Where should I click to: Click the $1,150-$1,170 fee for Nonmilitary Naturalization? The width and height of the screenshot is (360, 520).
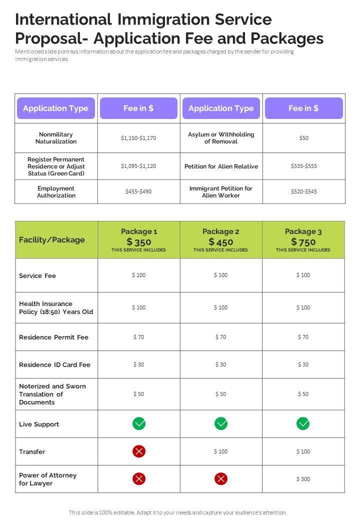pyautogui.click(x=138, y=138)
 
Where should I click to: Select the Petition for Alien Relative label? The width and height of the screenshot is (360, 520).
pyautogui.click(x=221, y=166)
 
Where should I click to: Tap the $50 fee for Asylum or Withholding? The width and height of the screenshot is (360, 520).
pyautogui.click(x=304, y=138)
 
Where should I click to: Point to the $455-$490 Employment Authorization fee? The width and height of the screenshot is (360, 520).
pyautogui.click(x=138, y=191)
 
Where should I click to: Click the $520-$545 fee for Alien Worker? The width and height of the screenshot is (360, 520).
pyautogui.click(x=304, y=191)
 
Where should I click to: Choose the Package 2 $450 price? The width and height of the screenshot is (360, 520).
pyautogui.click(x=220, y=242)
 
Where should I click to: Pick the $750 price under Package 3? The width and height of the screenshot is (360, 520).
pyautogui.click(x=303, y=242)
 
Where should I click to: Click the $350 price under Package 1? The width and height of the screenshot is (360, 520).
pyautogui.click(x=139, y=242)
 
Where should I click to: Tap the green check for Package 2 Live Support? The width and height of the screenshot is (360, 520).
pyautogui.click(x=221, y=423)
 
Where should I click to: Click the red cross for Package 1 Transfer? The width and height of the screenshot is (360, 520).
pyautogui.click(x=139, y=451)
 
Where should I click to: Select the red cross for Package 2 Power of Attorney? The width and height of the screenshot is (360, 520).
pyautogui.click(x=221, y=479)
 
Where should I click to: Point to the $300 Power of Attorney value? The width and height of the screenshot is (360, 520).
pyautogui.click(x=303, y=479)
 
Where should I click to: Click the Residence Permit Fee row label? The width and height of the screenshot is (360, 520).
pyautogui.click(x=53, y=337)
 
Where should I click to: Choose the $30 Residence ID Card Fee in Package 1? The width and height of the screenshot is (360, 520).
pyautogui.click(x=139, y=364)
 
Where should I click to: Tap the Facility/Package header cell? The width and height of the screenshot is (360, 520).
pyautogui.click(x=52, y=240)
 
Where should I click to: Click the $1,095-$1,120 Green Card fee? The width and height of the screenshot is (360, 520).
pyautogui.click(x=138, y=166)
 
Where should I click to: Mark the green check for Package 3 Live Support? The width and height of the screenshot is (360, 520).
pyautogui.click(x=303, y=423)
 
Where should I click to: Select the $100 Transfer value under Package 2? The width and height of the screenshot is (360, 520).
pyautogui.click(x=220, y=451)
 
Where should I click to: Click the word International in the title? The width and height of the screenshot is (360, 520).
pyautogui.click(x=63, y=19)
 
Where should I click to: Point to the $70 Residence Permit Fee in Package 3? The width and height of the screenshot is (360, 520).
pyautogui.click(x=303, y=337)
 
